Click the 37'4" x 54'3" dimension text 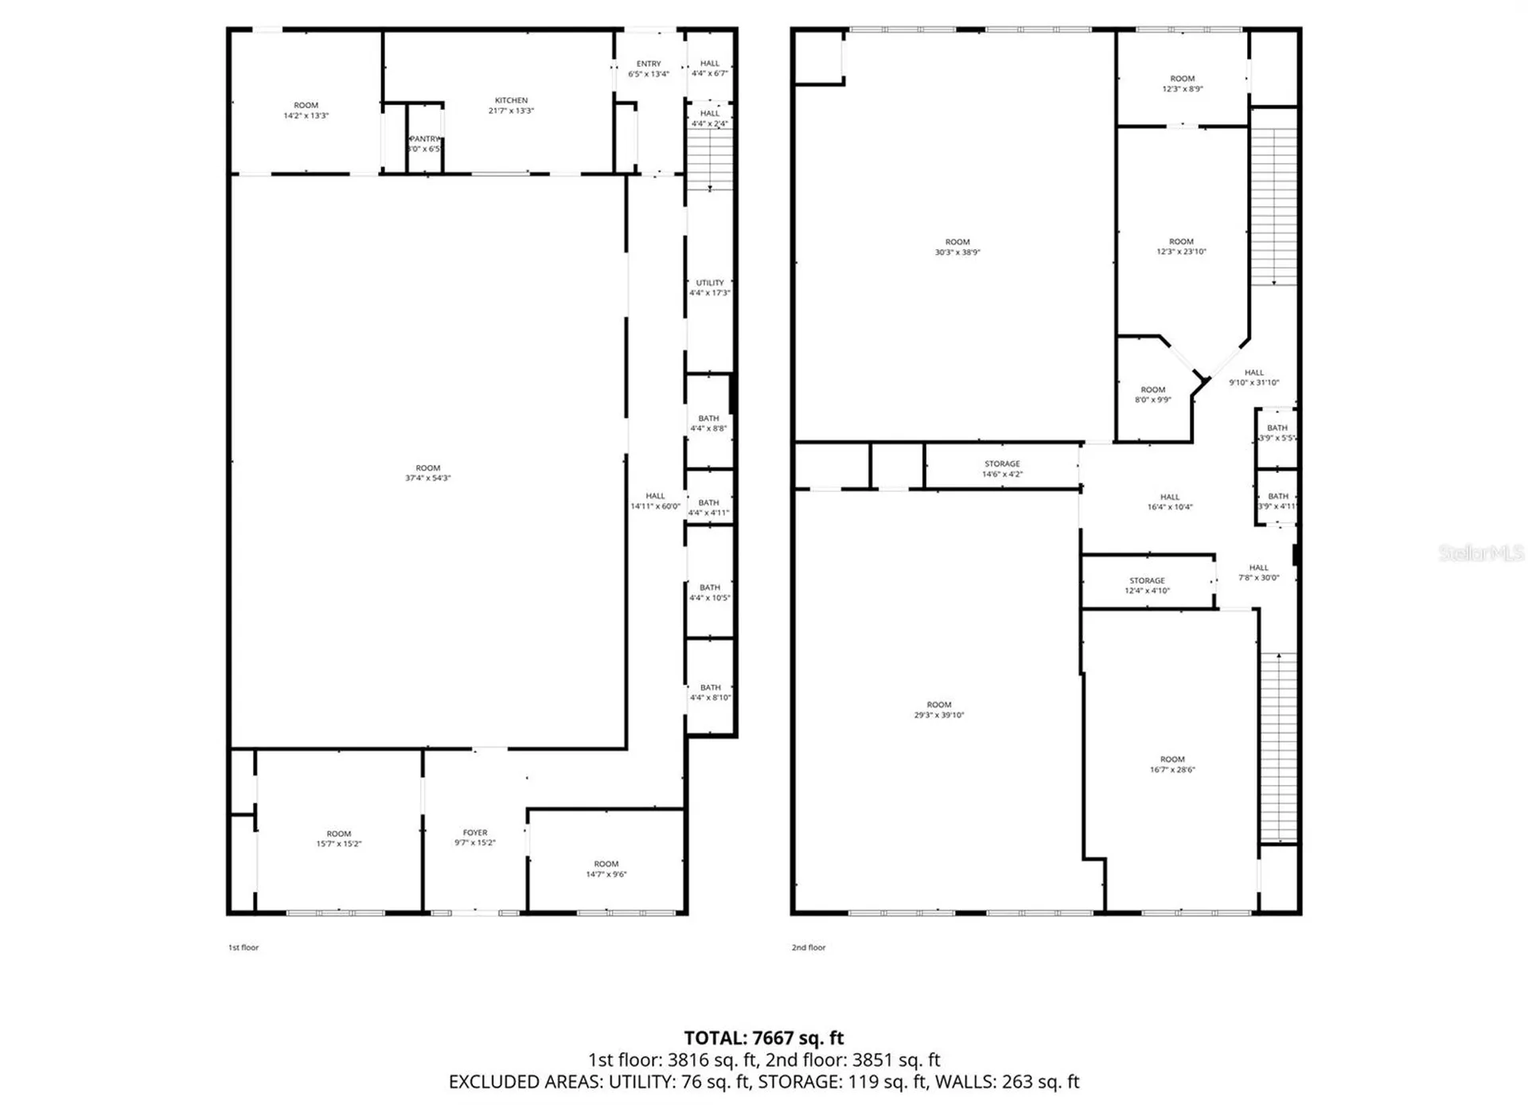pos(428,478)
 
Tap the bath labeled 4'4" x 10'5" pos(709,592)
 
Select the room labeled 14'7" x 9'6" pos(606,869)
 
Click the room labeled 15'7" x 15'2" pos(339,838)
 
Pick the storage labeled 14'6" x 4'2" pos(1002,469)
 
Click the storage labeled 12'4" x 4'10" pos(1147,585)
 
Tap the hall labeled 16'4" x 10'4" pos(1170,502)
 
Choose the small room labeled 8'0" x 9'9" pos(1152,395)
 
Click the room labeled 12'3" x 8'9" pos(1182,84)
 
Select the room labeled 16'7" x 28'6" pos(1172,764)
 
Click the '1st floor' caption pos(244,947)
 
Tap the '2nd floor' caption pos(809,947)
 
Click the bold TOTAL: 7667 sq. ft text pos(763,1038)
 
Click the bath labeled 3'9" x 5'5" pos(1277,432)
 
